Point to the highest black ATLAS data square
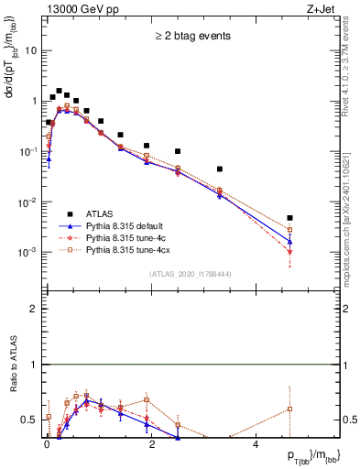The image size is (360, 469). [59, 92]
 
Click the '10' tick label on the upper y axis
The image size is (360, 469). [31, 50]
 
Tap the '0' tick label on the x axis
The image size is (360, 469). [47, 444]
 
